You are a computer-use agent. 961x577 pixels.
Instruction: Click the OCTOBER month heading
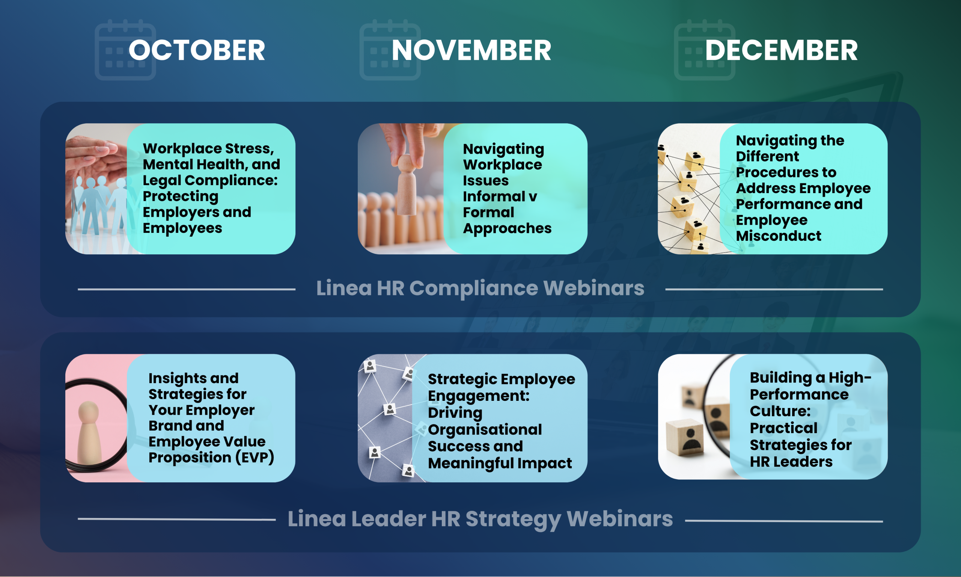197,50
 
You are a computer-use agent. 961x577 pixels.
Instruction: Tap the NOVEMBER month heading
471,50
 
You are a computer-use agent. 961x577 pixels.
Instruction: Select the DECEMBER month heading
781,50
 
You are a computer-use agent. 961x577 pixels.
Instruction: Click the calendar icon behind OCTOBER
125,50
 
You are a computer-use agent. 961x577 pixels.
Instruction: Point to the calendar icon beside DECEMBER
704,50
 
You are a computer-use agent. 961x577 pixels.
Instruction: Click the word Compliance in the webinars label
474,288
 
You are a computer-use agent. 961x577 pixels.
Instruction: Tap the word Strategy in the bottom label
513,520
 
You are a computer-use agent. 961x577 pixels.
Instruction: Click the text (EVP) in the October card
255,458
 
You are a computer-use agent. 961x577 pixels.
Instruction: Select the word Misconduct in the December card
779,236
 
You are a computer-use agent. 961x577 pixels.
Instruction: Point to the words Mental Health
194,165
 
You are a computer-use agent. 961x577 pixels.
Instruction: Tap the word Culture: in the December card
780,411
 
